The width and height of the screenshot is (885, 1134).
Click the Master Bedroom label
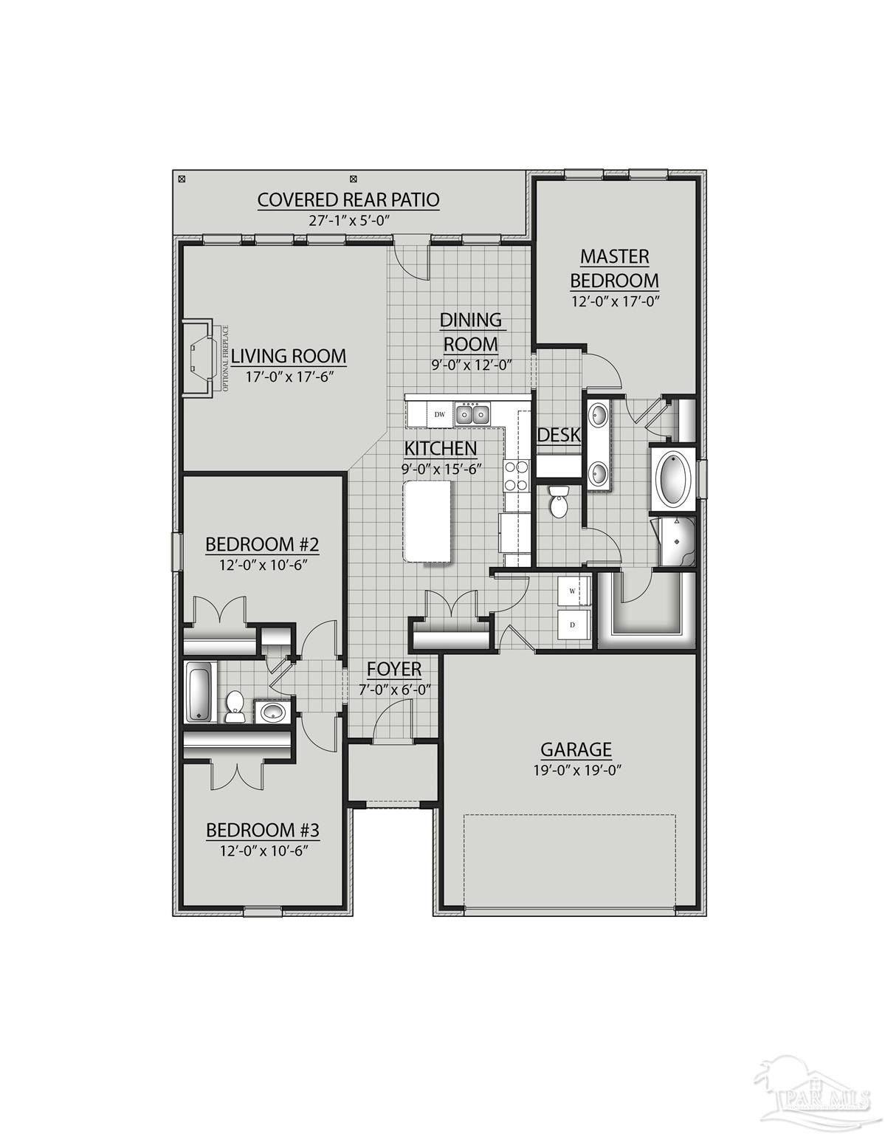coord(614,269)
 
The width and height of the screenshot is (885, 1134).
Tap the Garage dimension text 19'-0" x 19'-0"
coord(576,769)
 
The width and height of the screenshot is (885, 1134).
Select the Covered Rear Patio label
coord(348,199)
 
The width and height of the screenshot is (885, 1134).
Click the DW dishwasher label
coord(439,414)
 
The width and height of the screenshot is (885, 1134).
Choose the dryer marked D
coord(574,625)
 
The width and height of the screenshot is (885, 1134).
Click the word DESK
coord(559,435)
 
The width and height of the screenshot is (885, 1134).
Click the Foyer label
coord(394,669)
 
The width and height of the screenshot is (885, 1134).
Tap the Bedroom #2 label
coord(262,545)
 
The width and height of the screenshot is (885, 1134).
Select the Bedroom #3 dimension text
coord(263,850)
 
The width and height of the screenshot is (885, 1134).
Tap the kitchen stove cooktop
coord(516,475)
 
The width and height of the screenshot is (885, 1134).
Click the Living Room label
coord(289,356)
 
